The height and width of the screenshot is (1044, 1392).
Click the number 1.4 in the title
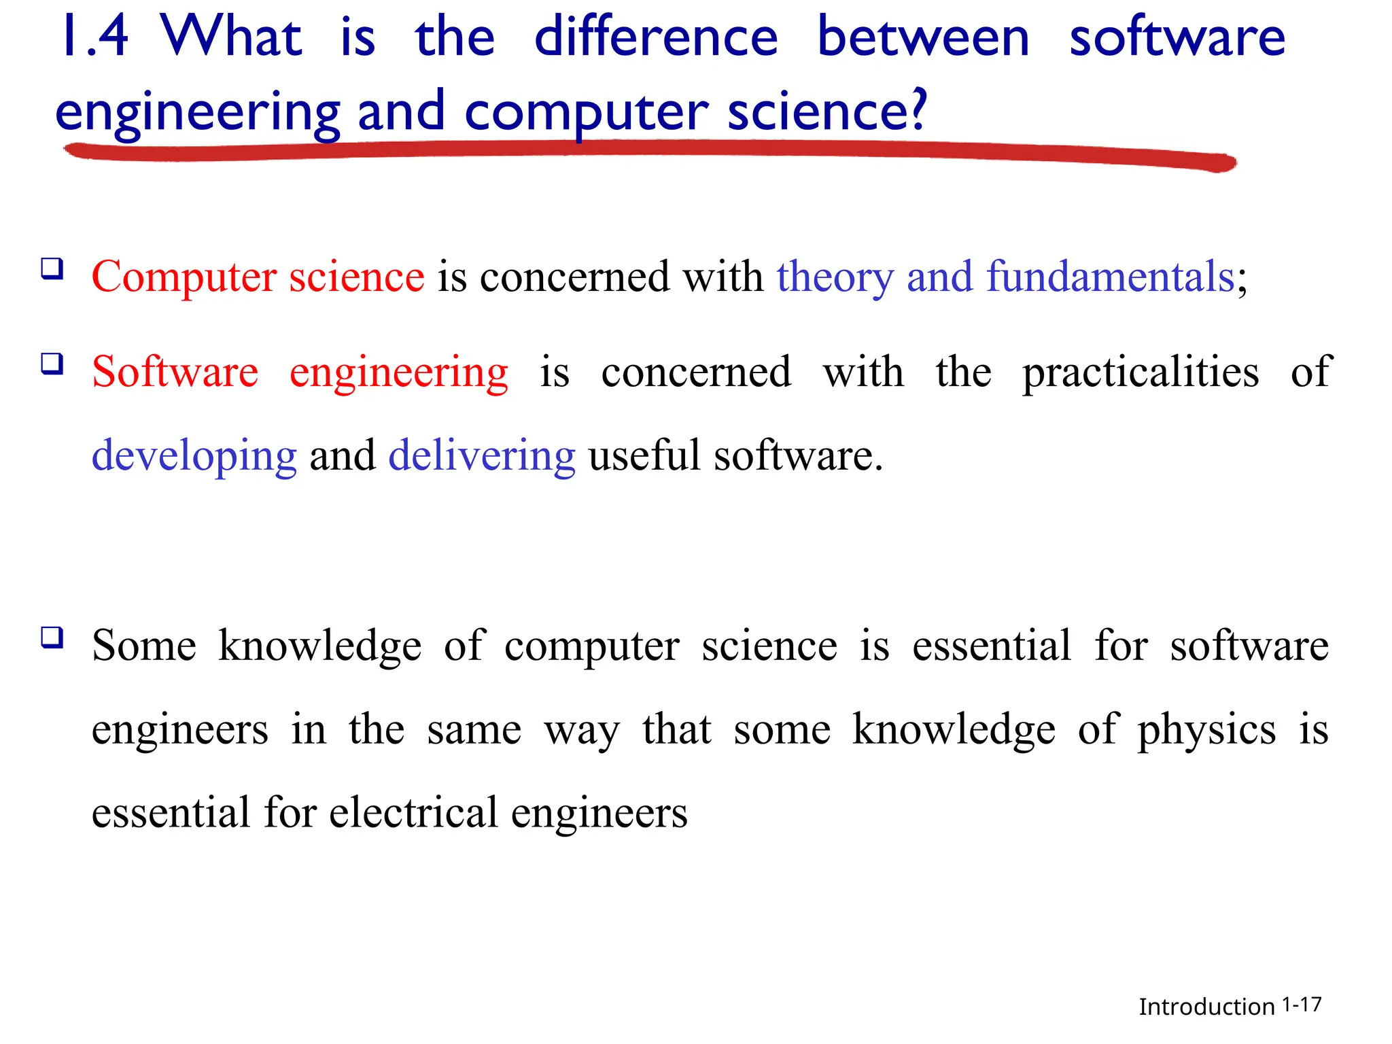click(x=94, y=37)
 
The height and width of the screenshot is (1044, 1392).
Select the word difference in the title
click(x=656, y=37)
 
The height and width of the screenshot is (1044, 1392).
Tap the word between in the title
click(x=923, y=37)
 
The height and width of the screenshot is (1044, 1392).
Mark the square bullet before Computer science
click(x=52, y=268)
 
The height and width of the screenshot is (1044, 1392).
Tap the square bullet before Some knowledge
click(x=52, y=638)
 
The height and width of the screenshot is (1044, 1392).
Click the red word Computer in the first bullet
click(x=184, y=277)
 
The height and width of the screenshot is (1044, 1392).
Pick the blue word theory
click(x=835, y=277)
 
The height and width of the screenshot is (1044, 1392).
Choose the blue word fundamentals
click(x=1110, y=277)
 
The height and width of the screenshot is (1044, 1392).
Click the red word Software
click(x=175, y=372)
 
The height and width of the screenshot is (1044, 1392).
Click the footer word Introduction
click(x=1206, y=1007)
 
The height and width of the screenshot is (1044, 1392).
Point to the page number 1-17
click(x=1302, y=1005)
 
